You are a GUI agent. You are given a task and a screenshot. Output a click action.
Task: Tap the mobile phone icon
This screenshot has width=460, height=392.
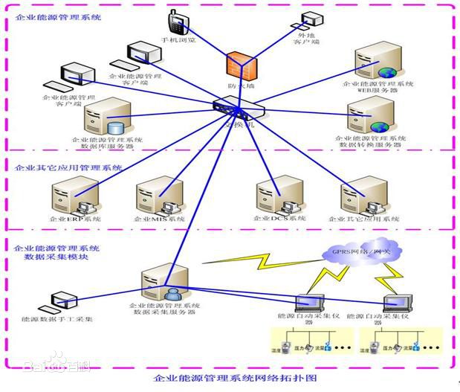(x=177, y=22)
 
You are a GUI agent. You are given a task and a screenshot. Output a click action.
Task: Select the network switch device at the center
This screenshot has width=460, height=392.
(x=237, y=111)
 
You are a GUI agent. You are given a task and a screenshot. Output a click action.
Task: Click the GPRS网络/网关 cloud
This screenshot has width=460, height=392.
(x=357, y=253)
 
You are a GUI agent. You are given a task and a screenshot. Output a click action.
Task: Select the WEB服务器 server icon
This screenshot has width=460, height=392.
(x=376, y=62)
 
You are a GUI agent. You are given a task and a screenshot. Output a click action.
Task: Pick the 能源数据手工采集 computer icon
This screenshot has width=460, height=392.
(x=58, y=301)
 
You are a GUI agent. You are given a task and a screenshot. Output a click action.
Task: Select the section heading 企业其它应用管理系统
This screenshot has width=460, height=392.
(x=68, y=167)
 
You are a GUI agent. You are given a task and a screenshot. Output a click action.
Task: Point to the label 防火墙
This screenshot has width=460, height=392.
(x=243, y=86)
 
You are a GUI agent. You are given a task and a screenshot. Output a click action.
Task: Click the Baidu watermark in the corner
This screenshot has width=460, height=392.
(x=56, y=364)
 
